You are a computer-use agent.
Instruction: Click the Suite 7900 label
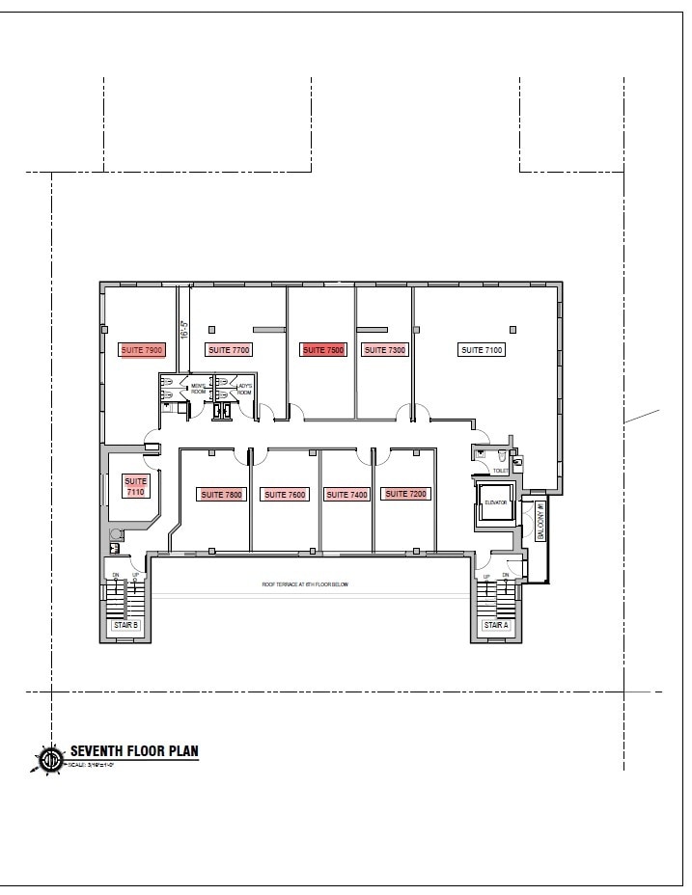pos(143,350)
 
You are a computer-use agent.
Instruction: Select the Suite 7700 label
pos(228,350)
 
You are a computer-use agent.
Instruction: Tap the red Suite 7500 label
pos(323,350)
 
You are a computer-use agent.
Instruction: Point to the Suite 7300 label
pos(383,350)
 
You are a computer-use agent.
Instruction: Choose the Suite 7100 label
pos(482,350)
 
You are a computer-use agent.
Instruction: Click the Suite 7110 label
pos(135,486)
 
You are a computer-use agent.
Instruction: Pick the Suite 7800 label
pos(221,495)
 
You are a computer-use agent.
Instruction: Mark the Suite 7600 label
pos(285,495)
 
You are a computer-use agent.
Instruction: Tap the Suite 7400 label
pos(347,495)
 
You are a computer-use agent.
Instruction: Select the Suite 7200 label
pos(405,494)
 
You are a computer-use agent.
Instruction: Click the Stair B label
pos(126,625)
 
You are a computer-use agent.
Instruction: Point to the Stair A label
pos(496,625)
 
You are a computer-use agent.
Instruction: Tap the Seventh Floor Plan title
pos(134,751)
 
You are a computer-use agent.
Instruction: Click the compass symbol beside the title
pos(50,759)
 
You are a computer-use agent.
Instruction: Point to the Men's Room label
pos(198,390)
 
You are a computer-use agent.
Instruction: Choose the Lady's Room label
pos(244,390)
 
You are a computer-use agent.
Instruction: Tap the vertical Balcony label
pos(540,522)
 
